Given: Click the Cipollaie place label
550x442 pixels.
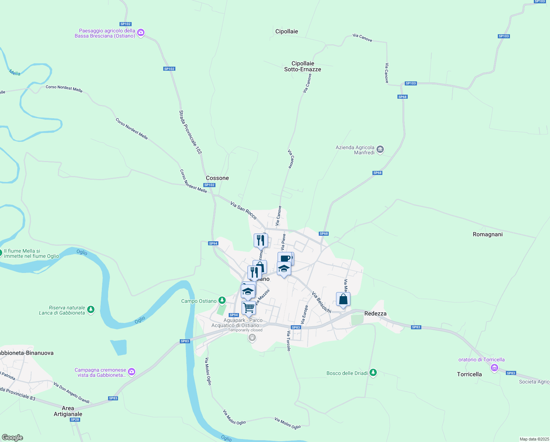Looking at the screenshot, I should (286, 31).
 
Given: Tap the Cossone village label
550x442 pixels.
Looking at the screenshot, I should (217, 178).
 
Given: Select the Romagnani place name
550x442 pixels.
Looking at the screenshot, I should (488, 234).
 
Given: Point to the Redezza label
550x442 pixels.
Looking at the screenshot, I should (375, 313).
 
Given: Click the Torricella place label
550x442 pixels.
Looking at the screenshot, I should (469, 374).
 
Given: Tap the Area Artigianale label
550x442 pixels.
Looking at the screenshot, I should (68, 411).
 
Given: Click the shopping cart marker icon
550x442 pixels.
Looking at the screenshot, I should (249, 308).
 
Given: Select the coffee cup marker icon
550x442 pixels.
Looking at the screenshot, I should (284, 258).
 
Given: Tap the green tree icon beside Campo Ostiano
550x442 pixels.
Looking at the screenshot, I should (222, 301).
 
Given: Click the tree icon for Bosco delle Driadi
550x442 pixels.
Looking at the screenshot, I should (373, 373).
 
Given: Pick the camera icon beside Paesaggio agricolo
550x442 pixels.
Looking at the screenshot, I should (140, 34).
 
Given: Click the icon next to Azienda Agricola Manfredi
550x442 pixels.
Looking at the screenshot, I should (380, 150).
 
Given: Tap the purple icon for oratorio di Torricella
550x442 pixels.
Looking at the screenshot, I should (494, 368).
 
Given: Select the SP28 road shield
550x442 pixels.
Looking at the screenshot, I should (75, 420).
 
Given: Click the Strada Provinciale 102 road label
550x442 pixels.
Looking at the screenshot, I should (190, 132).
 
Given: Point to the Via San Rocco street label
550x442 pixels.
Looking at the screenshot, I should (243, 210).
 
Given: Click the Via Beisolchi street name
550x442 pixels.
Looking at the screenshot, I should (321, 302).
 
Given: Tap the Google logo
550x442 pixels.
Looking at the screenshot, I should (12, 438).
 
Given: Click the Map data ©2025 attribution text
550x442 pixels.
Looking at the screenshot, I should (534, 439).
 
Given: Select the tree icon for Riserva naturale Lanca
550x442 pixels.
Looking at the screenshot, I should (91, 310).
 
